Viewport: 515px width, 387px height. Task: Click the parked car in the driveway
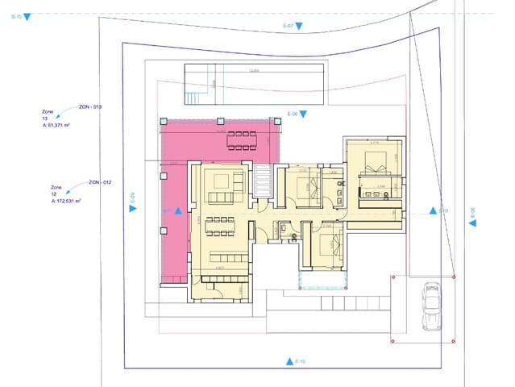[x=431, y=306]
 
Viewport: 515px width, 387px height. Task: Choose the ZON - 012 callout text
[x=100, y=182]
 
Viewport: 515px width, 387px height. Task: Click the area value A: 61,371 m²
[x=67, y=127]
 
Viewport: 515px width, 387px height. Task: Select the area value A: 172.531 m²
[x=69, y=202]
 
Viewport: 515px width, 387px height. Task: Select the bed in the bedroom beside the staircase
[x=305, y=189]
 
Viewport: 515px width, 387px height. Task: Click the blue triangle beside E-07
[x=299, y=27]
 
